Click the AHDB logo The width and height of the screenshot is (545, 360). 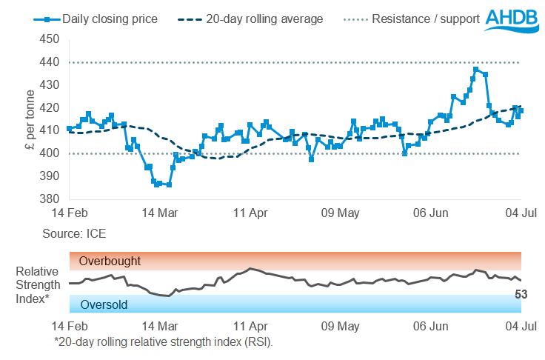pyautogui.click(x=514, y=19)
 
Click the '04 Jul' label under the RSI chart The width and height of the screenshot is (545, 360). pyautogui.click(x=521, y=325)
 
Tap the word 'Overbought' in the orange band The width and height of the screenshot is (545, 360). pyautogui.click(x=110, y=261)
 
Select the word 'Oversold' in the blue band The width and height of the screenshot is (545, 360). pyautogui.click(x=104, y=304)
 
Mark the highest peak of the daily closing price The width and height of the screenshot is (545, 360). pyautogui.click(x=475, y=70)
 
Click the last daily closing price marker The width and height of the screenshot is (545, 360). pyautogui.click(x=521, y=110)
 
